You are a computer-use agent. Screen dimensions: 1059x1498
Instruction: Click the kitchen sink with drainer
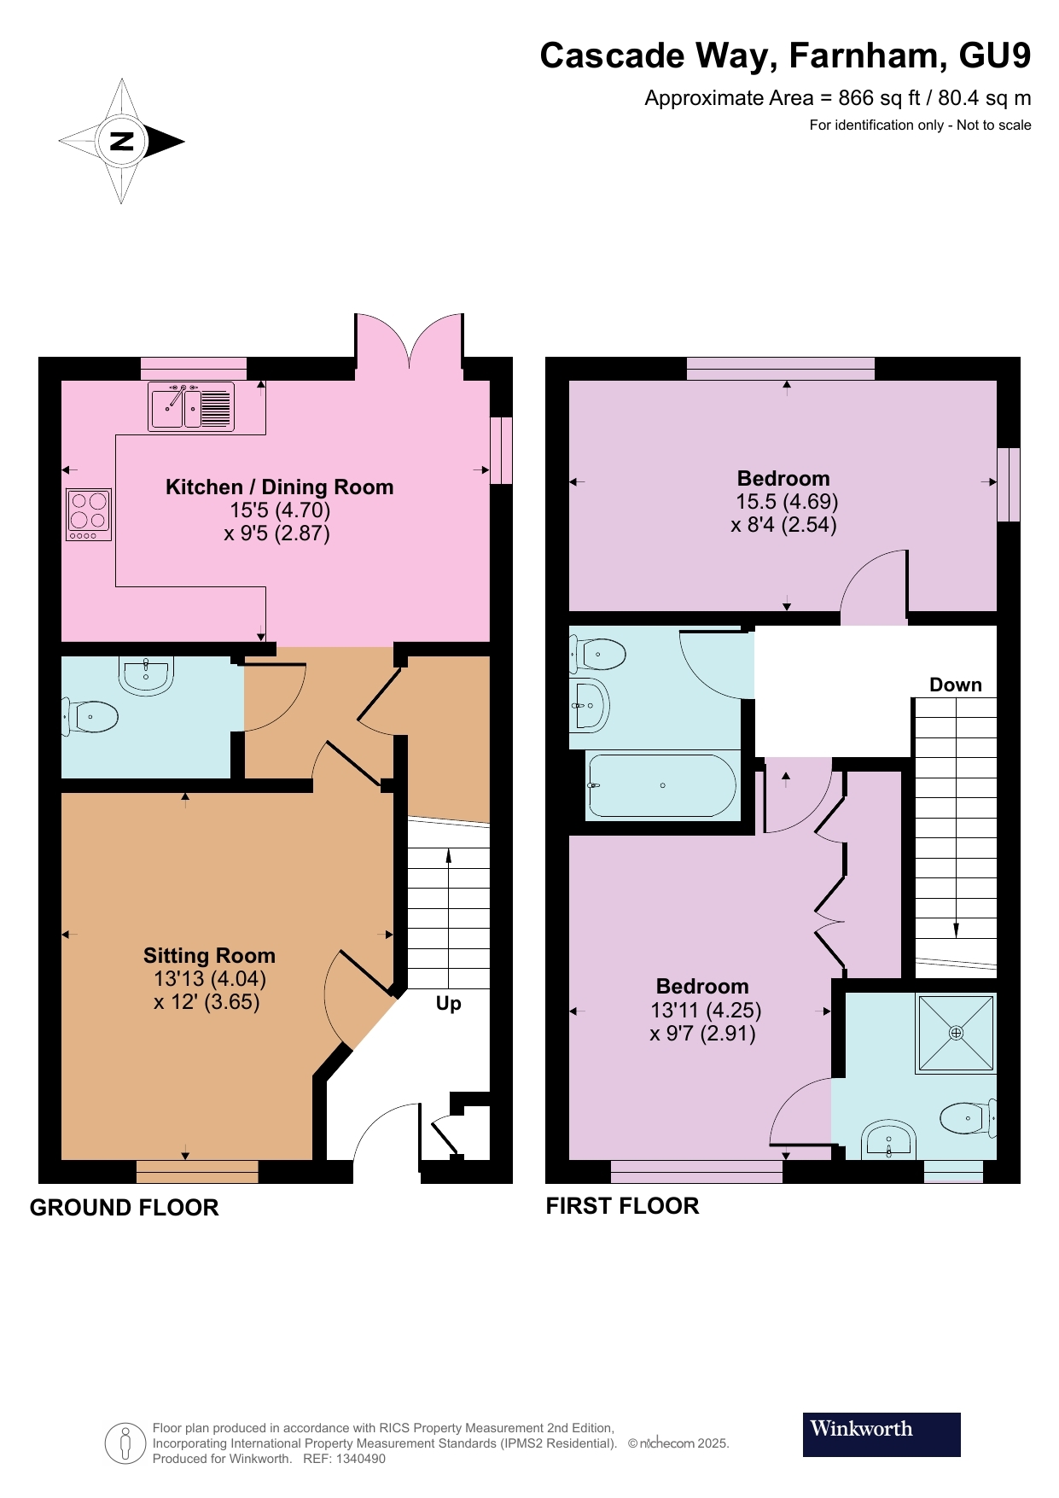tap(191, 406)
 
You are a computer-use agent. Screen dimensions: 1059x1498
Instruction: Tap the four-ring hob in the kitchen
tap(89, 515)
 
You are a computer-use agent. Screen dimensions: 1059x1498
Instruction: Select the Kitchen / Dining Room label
tap(280, 487)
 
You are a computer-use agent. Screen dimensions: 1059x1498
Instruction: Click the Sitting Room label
tap(209, 956)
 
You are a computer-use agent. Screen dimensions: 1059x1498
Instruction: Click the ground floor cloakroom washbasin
tap(147, 675)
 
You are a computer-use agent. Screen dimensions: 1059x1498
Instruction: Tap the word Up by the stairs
tap(449, 1004)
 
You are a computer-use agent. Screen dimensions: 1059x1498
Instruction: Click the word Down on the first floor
tap(956, 685)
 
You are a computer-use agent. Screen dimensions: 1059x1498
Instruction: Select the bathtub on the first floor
tap(661, 785)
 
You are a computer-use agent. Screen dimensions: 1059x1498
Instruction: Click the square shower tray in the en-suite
tap(956, 1033)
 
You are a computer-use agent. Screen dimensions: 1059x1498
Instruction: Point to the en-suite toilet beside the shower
tap(969, 1117)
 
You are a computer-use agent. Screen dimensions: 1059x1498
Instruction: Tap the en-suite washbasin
tap(889, 1140)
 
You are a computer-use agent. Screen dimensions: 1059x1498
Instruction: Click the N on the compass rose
tap(123, 141)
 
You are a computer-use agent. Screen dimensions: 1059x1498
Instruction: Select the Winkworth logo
tap(882, 1435)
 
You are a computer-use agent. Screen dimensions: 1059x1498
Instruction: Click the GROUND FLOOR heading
tap(125, 1208)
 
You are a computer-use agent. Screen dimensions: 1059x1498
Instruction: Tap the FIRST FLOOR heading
tap(623, 1206)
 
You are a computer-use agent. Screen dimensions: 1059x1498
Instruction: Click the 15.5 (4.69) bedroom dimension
tap(787, 502)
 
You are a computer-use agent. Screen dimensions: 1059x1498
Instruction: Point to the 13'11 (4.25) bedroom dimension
tap(706, 1011)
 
